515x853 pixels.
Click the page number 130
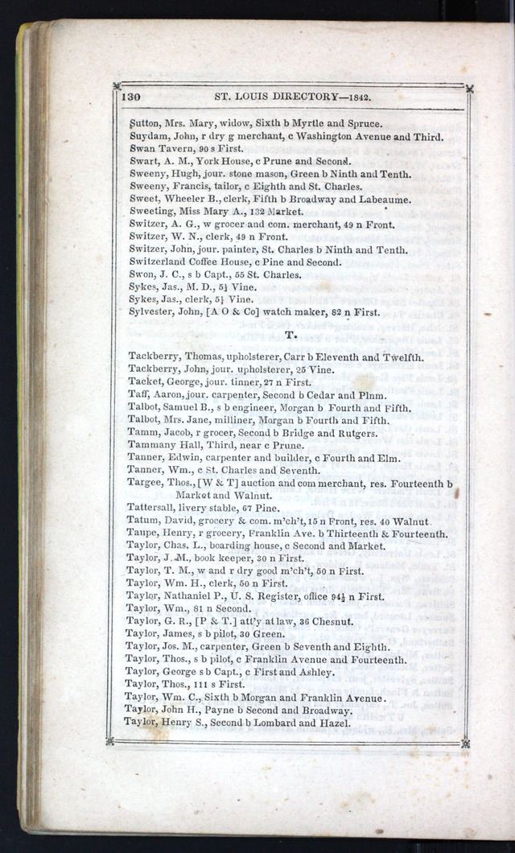point(131,97)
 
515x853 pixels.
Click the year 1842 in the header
point(355,97)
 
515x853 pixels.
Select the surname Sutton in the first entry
point(145,124)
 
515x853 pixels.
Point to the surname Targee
point(144,483)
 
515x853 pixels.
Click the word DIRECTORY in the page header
point(296,97)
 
